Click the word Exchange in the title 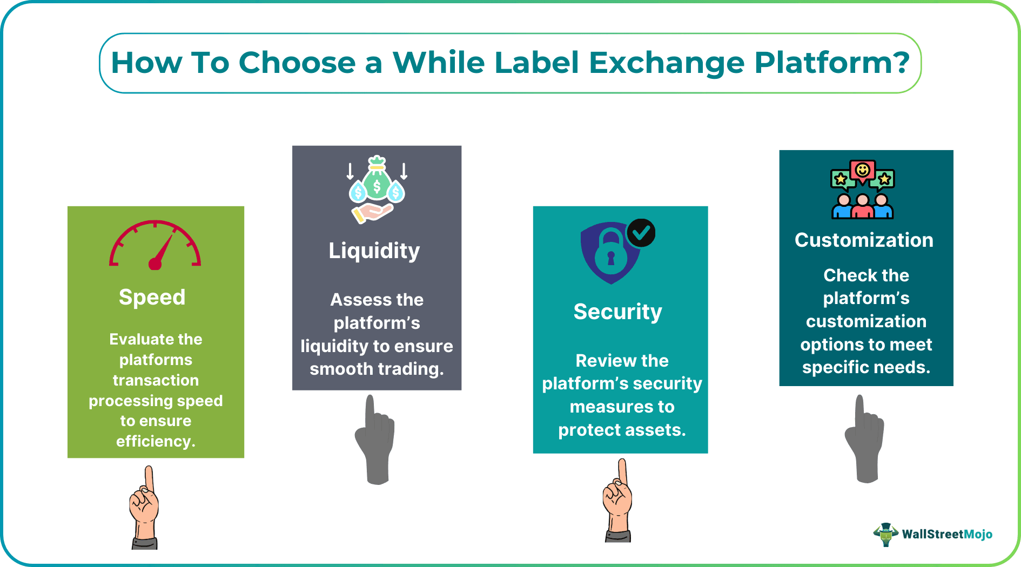(x=667, y=64)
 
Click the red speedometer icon (x=155, y=245)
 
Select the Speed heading (x=152, y=297)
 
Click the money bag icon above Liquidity (x=377, y=190)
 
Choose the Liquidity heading (x=374, y=251)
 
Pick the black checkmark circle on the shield (x=641, y=233)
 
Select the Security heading (x=618, y=312)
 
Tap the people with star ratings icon (x=863, y=189)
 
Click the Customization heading (x=864, y=240)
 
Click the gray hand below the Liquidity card (x=374, y=440)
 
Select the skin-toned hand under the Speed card (x=144, y=508)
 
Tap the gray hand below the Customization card (x=864, y=438)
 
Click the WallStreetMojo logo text (x=947, y=534)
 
